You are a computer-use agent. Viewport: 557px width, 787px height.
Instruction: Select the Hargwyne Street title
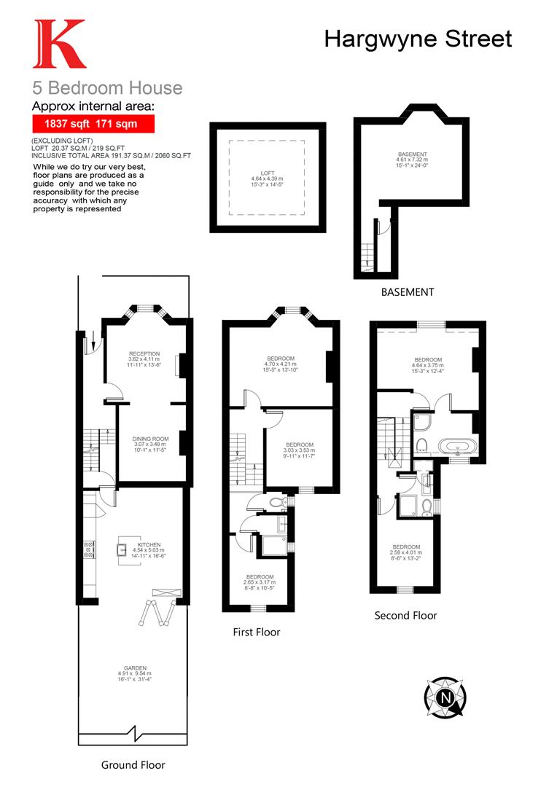[418, 39]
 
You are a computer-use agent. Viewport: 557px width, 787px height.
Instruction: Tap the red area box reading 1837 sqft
[94, 124]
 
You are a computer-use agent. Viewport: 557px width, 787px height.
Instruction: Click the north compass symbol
[444, 698]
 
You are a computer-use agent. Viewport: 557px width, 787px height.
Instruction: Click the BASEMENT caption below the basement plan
[408, 292]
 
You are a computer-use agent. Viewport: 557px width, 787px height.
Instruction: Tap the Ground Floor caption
[133, 765]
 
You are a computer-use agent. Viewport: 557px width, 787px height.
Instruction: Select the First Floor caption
[256, 632]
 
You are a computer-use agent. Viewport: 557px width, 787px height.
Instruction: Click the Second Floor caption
[405, 616]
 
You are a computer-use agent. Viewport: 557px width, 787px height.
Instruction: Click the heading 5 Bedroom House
[107, 88]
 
